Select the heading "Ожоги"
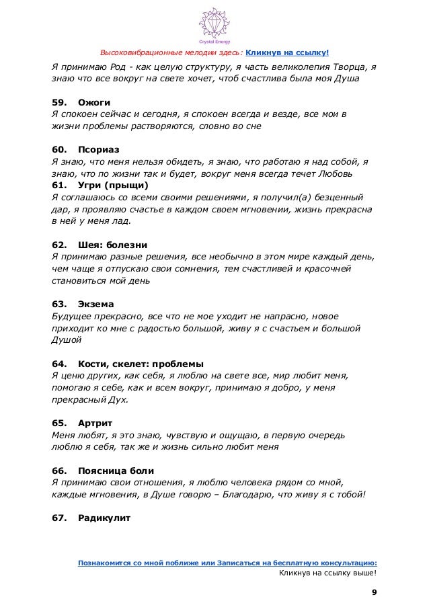(94, 102)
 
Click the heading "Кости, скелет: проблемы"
(141, 364)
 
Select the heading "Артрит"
(95, 423)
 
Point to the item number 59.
(58, 102)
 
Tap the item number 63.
(58, 304)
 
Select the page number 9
(375, 592)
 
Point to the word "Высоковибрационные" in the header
(144, 53)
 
